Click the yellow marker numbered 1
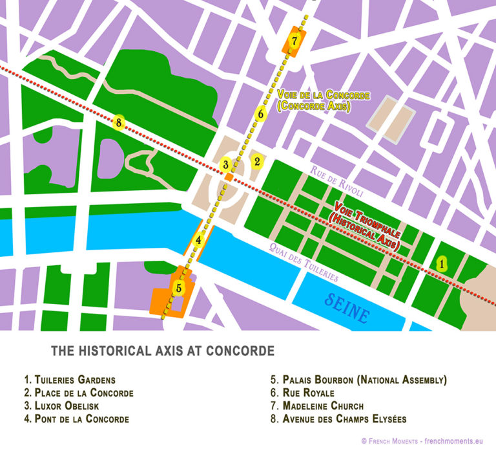coord(442,263)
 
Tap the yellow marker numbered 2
coord(256,161)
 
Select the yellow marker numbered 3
coord(225,165)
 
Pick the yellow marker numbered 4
coord(200,241)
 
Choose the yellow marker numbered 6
coord(260,115)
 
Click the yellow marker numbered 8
coord(118,121)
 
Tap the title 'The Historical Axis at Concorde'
coord(163,351)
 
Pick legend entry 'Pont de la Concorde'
coord(76,419)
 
